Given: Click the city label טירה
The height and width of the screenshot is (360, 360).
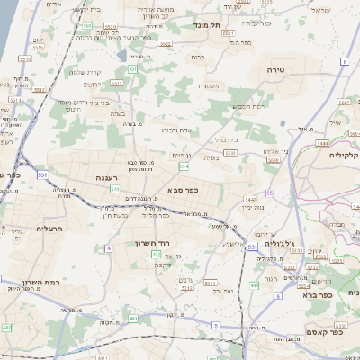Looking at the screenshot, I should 276,68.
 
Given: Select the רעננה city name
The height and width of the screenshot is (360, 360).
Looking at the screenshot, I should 109,179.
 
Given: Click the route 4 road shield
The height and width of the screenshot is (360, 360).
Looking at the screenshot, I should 108,247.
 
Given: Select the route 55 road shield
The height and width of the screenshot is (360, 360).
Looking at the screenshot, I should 270,193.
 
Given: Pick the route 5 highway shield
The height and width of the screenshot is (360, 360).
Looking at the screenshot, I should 216,324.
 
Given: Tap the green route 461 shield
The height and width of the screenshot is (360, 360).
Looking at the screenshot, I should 132,319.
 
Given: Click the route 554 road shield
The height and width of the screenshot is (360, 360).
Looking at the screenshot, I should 184,166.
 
